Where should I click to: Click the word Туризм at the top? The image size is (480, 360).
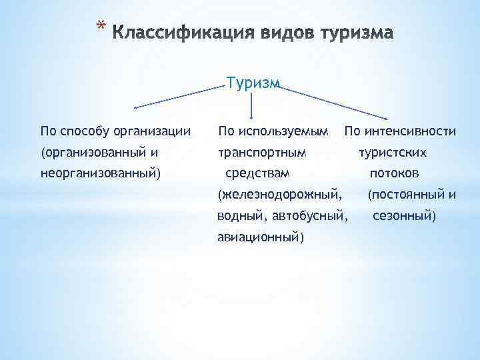[253, 83]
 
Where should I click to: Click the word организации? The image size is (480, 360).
[153, 130]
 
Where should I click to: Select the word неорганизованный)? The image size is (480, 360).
[101, 173]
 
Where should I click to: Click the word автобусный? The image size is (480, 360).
[314, 217]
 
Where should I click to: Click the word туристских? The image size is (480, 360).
[392, 152]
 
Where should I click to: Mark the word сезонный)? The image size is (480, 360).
[404, 217]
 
